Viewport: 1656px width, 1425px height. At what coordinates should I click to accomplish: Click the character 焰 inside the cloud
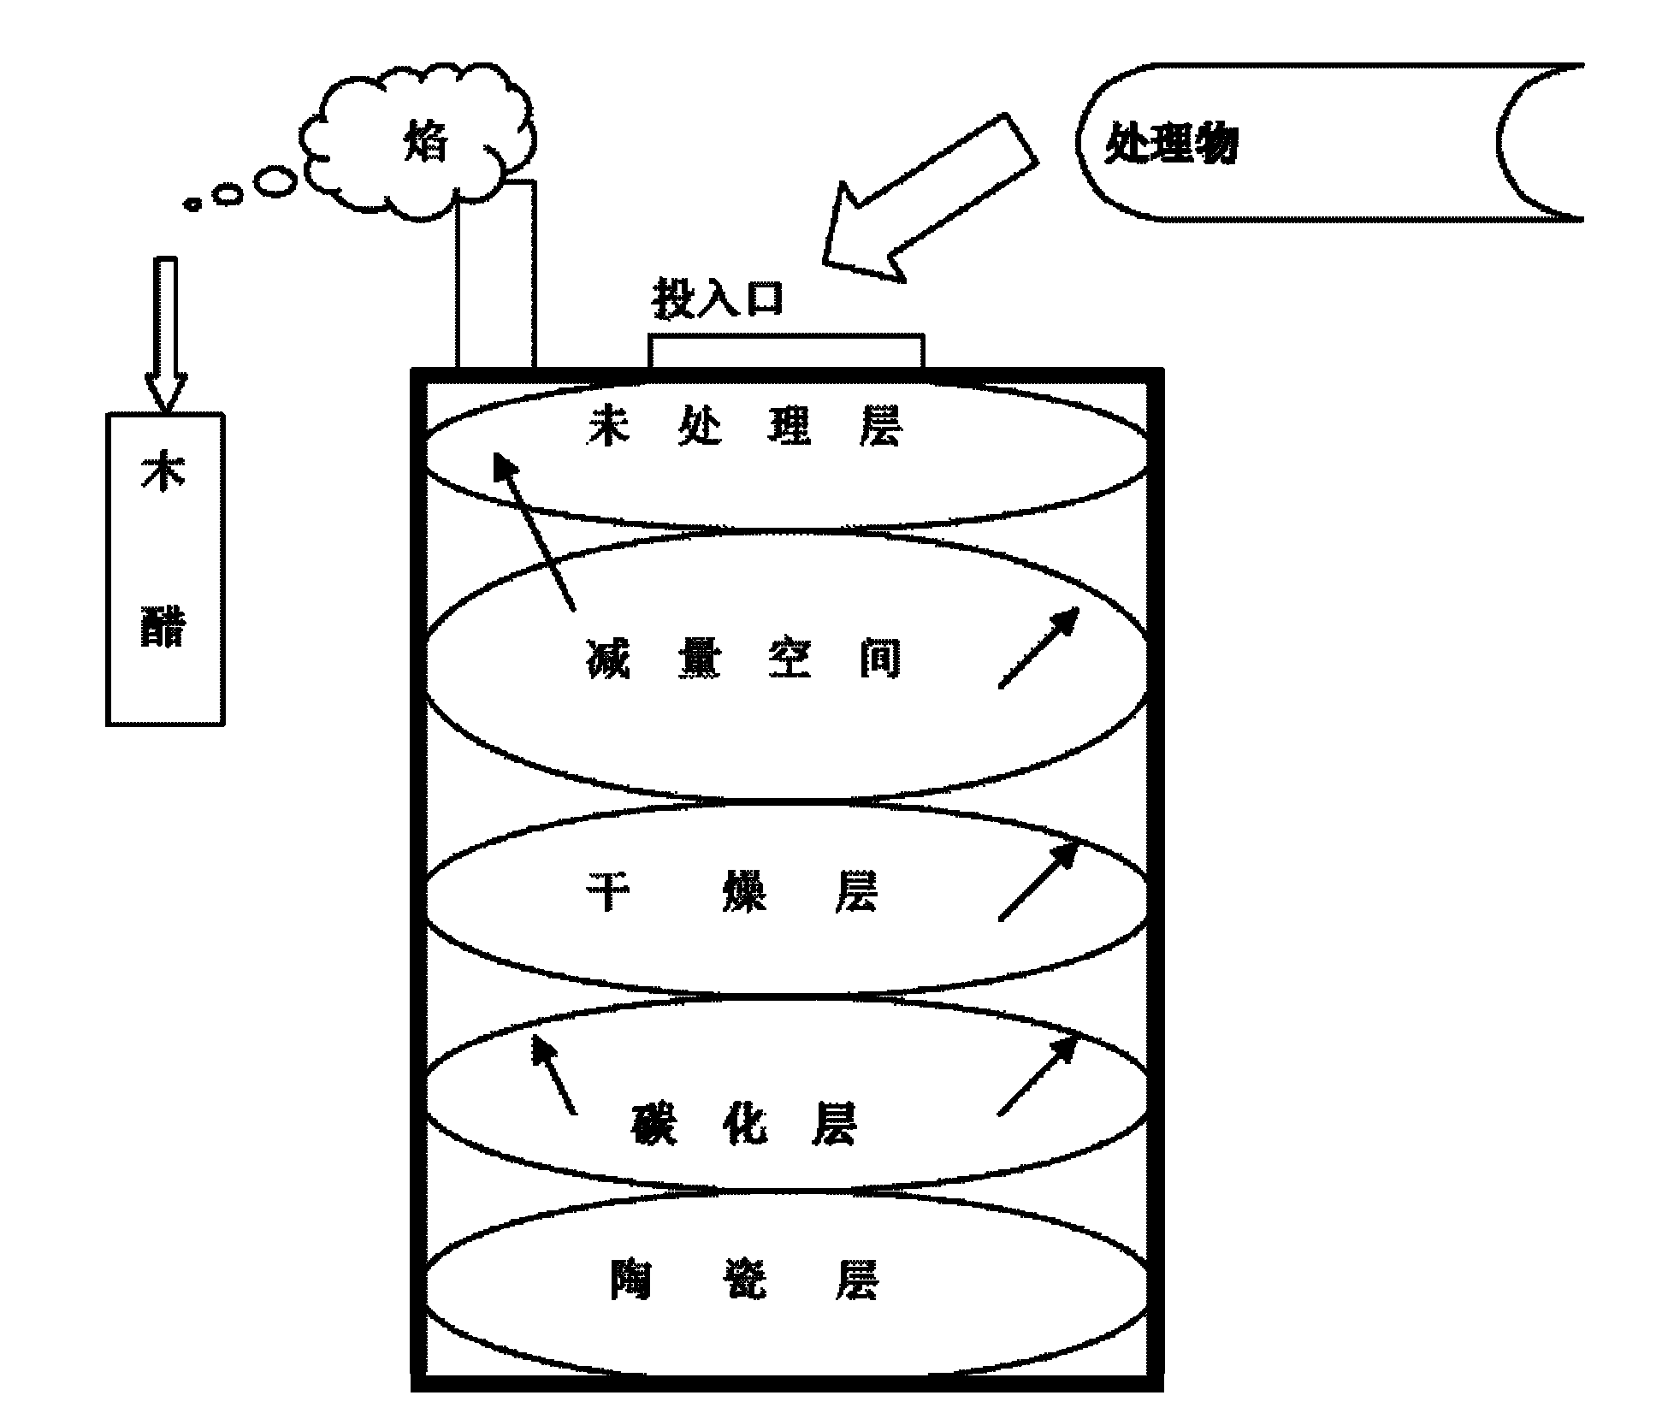point(424,143)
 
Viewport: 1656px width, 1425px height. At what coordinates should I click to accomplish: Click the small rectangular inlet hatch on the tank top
point(785,352)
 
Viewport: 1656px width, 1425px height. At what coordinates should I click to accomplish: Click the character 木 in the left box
point(163,472)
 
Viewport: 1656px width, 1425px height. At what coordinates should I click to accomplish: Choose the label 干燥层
point(731,892)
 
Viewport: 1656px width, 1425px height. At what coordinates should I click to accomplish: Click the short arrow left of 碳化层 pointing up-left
point(553,1073)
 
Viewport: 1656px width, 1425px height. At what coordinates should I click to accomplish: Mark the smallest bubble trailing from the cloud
point(193,204)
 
